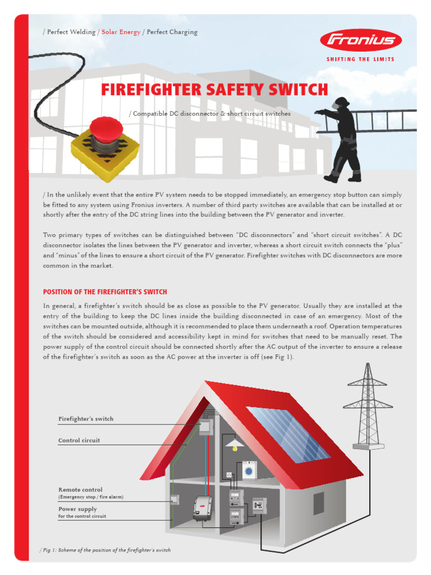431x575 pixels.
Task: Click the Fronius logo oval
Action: [x=360, y=40]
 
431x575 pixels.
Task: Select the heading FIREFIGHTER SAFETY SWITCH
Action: [x=214, y=90]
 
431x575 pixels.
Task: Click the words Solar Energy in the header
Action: [x=121, y=32]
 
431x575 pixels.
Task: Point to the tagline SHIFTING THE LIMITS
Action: [x=360, y=59]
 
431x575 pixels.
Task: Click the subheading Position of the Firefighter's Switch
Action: [x=105, y=292]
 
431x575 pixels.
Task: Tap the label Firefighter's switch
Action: [x=86, y=419]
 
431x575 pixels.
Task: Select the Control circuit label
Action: [x=79, y=440]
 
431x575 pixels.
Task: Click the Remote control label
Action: [x=80, y=490]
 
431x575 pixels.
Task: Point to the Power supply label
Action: [x=77, y=509]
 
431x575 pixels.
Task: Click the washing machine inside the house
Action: [x=249, y=470]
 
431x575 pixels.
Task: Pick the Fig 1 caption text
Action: [x=107, y=550]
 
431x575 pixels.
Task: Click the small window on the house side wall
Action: [x=318, y=503]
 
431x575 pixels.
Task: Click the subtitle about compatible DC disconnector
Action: [x=210, y=114]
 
